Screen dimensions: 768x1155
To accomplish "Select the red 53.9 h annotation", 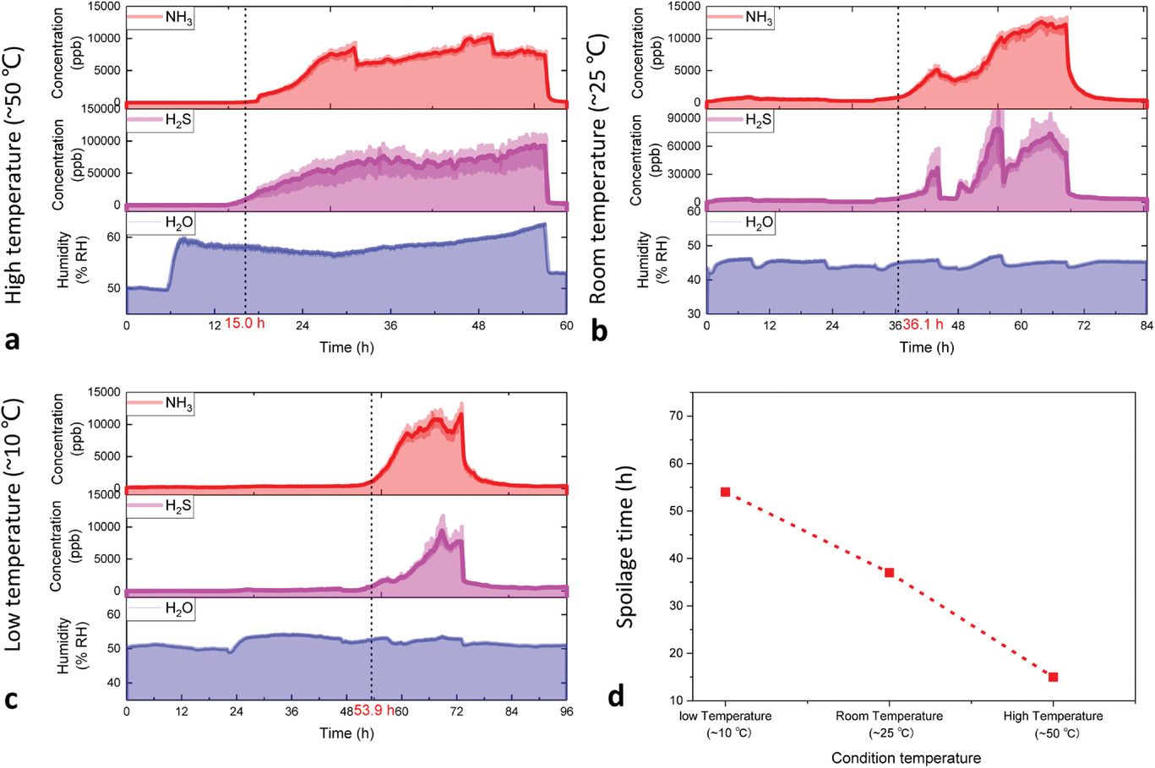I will (x=375, y=711).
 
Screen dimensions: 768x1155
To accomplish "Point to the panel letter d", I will (x=617, y=698).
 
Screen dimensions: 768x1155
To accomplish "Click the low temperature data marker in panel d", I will (x=725, y=492).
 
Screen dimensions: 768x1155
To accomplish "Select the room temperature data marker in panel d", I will (x=889, y=572).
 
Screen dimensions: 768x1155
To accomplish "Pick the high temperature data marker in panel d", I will (x=1053, y=677).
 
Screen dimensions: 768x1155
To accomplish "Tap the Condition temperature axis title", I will (x=906, y=758).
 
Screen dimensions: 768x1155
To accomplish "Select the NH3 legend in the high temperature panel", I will (x=161, y=17).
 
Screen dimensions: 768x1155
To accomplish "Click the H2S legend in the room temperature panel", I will (x=740, y=121).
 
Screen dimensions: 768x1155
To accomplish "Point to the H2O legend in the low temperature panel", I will (x=161, y=610).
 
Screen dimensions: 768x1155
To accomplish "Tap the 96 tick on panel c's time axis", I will (x=566, y=711).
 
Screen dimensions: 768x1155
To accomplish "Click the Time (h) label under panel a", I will (x=346, y=347).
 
